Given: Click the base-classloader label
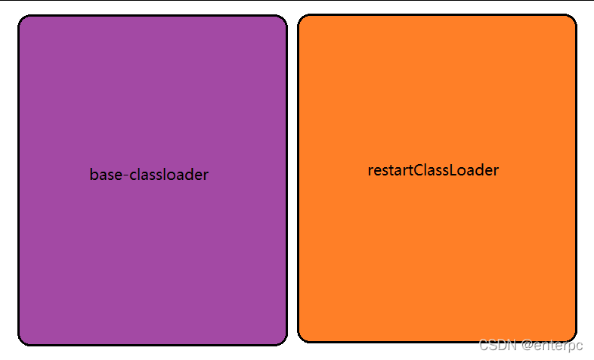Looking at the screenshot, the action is [149, 175].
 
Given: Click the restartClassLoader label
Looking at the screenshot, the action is [433, 170].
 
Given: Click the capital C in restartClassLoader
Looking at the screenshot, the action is [420, 170].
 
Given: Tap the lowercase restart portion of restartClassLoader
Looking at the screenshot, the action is [391, 170].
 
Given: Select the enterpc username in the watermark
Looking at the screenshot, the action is [558, 346].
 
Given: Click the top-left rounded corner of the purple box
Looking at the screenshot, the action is [23, 20].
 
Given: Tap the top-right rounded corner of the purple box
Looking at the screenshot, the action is [283, 20].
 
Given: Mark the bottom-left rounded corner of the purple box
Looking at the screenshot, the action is [23, 340].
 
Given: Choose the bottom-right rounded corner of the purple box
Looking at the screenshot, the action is [283, 340].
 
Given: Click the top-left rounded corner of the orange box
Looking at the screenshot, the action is [302, 19].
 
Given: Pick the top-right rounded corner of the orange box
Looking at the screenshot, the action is [572, 19].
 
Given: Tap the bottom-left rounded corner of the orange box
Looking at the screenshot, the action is [302, 337].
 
